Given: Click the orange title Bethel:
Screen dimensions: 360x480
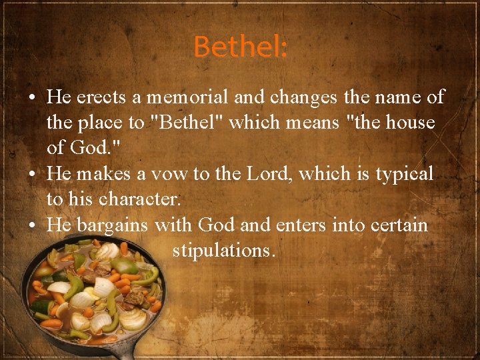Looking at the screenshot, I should click(241, 47).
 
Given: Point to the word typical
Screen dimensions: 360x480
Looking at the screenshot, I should click(404, 174).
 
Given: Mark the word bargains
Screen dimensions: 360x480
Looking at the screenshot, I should click(112, 225).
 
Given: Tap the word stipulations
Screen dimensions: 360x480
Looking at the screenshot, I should click(223, 251).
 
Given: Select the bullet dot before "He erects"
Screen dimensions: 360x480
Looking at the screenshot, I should click(33, 98).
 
